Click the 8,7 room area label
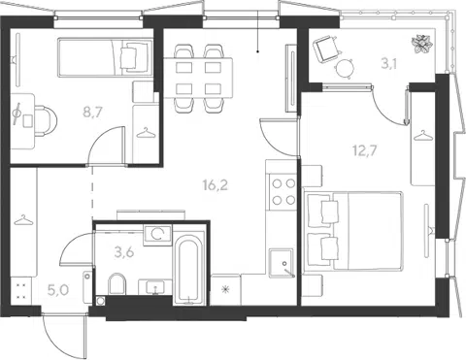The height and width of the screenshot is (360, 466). coord(92,113)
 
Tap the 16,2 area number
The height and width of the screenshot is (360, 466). coord(216,185)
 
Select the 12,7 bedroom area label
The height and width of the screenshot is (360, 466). coord(365,150)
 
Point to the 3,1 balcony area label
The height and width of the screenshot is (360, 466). coord(388,64)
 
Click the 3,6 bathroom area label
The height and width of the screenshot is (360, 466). coord(124,252)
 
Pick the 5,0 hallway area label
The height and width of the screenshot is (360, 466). coord(58,290)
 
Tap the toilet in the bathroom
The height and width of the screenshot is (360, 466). coord(116,283)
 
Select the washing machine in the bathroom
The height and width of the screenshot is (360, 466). coord(157,234)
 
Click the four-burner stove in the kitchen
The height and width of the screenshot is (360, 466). coord(282,192)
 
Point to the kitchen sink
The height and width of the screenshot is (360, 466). coord(282,263)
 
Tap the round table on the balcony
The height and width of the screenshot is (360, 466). coord(344,69)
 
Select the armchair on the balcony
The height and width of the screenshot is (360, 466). coord(327,49)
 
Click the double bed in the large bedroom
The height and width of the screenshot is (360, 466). coord(353,231)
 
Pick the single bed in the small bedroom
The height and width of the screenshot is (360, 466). coord(105,57)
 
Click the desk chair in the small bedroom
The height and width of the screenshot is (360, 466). coord(45,121)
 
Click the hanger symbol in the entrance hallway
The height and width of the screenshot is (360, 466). coord(23,220)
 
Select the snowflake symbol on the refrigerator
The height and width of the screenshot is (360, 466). coord(225,289)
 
